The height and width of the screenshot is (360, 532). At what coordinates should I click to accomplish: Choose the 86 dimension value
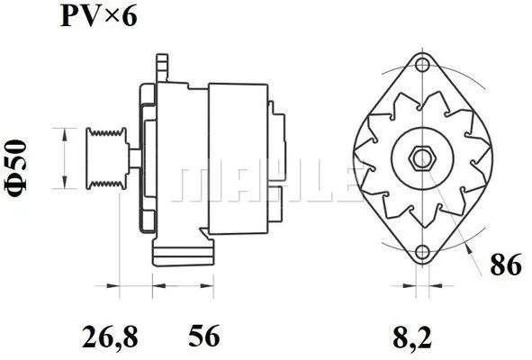[504, 265]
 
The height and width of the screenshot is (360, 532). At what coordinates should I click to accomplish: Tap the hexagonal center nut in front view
[421, 159]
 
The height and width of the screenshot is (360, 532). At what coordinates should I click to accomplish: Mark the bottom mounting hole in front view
[421, 253]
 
